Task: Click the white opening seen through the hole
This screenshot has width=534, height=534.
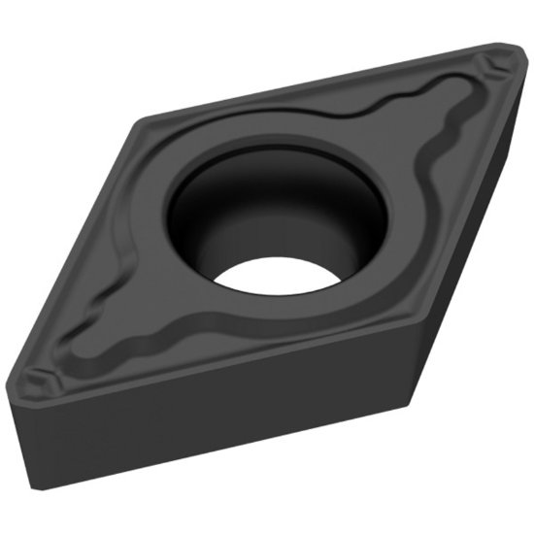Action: coord(277,275)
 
